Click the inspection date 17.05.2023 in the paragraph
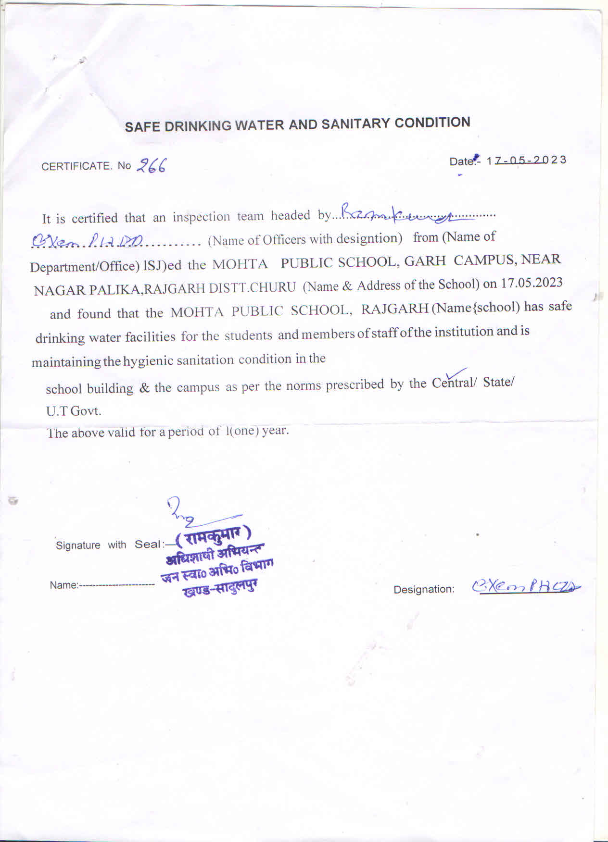532,283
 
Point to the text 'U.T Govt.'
74,411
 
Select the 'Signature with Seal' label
109,545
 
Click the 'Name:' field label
64,585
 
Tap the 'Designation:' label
424,589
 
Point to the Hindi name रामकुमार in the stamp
214,536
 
